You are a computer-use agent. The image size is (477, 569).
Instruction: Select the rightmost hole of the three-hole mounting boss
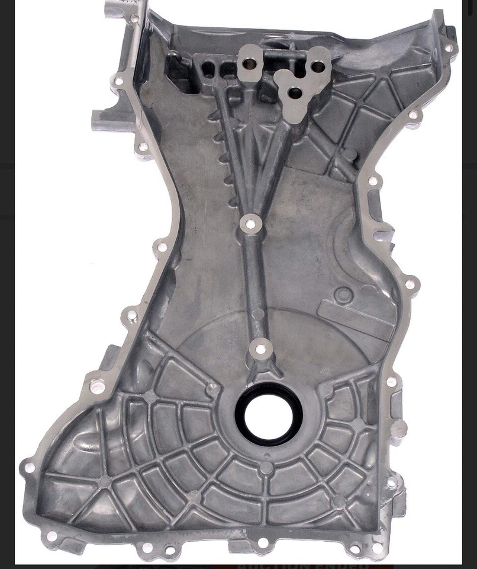pos(318,68)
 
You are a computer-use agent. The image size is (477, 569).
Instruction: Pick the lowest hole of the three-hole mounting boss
pos(292,92)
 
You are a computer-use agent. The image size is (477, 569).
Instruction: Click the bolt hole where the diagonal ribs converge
pos(251,224)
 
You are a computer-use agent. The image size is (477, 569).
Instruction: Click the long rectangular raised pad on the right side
pos(356,314)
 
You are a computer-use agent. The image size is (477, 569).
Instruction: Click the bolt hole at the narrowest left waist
pos(161,246)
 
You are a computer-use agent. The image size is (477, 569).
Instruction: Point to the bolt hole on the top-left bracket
pos(134,18)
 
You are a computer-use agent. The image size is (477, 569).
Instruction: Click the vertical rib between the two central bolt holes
pos(254,284)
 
